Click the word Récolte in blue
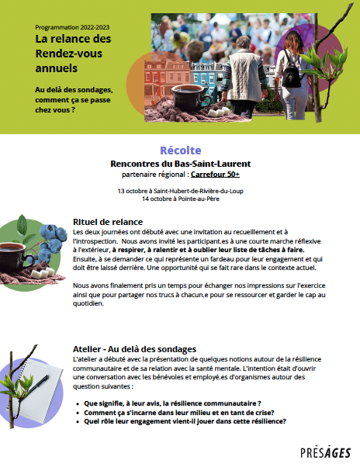[x=180, y=150]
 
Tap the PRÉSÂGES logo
[x=325, y=452]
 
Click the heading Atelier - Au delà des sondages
[x=133, y=348]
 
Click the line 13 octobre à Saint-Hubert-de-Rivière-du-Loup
[x=180, y=191]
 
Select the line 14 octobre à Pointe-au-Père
[x=180, y=199]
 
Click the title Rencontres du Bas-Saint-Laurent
[x=180, y=164]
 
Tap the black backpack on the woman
[x=290, y=74]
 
